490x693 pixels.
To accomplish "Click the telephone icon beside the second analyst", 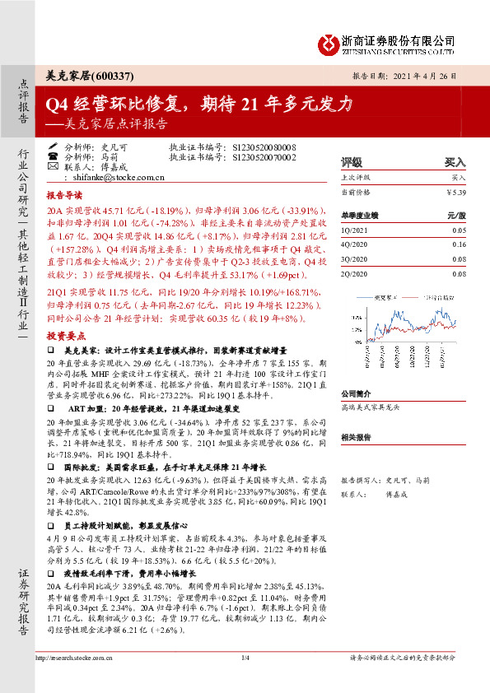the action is pyautogui.click(x=54, y=155).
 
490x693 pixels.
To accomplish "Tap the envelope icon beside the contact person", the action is pyautogui.click(x=54, y=165).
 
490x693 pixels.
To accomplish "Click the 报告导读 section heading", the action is pyautogui.click(x=64, y=196).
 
